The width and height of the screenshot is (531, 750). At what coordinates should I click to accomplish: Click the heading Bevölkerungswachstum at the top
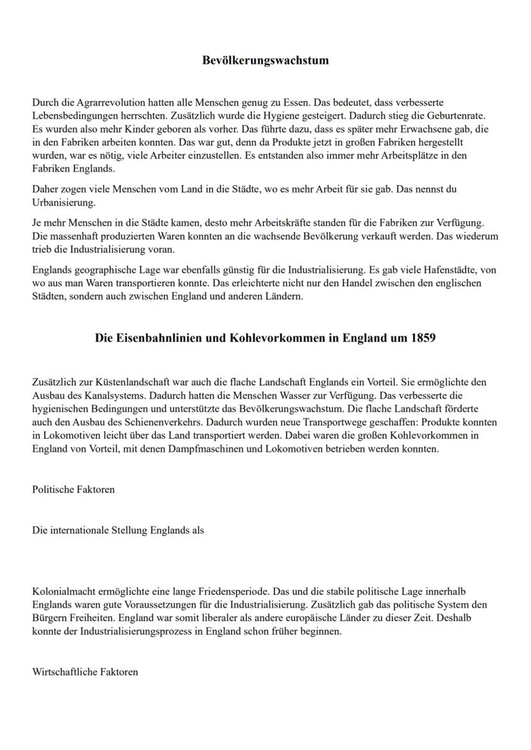tap(265, 61)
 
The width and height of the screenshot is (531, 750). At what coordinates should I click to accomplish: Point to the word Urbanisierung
tap(63, 202)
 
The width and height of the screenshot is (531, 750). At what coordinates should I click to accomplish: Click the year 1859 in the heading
tap(422, 338)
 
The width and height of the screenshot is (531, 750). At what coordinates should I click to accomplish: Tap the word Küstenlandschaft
tap(122, 382)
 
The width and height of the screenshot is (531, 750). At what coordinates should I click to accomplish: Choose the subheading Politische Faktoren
tap(74, 489)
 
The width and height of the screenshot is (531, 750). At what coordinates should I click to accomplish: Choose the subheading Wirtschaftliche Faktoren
tap(85, 672)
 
